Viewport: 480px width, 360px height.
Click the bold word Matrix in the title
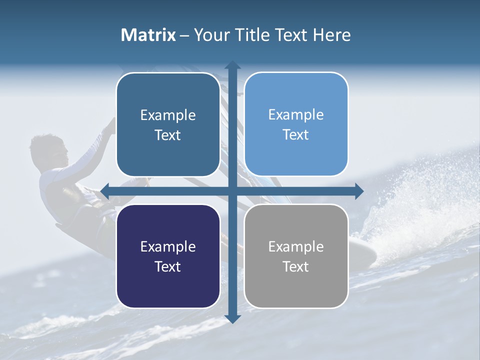tap(148, 35)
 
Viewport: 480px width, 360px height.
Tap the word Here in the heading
tap(332, 35)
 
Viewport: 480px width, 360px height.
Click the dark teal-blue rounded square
tap(168, 125)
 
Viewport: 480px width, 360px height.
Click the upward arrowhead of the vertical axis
tap(232, 65)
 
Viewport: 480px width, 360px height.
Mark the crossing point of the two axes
tap(232, 190)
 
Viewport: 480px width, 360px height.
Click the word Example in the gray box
tap(296, 246)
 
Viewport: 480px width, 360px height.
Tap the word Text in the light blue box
tap(296, 135)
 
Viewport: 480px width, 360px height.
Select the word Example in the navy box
tap(168, 246)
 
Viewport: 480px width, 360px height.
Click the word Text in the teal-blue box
tap(168, 135)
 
